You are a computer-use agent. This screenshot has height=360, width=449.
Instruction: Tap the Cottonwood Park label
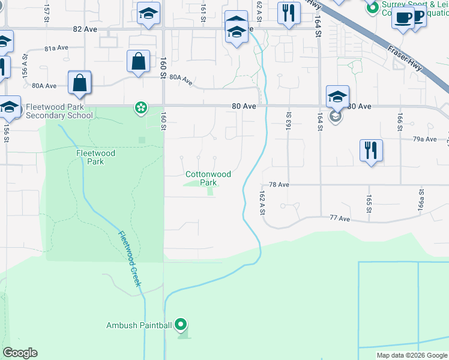click(x=208, y=178)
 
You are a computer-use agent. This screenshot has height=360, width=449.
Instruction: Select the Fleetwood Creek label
click(x=130, y=259)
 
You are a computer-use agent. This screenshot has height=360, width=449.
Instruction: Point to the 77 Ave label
click(x=340, y=219)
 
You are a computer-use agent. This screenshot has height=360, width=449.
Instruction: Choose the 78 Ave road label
click(x=280, y=185)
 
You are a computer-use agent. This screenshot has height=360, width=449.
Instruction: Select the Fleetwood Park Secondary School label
click(x=59, y=111)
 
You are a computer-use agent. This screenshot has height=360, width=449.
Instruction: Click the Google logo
click(x=20, y=353)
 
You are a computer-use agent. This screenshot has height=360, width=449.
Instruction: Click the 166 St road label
click(x=399, y=120)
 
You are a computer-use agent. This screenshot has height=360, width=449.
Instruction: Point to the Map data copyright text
click(x=412, y=355)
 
